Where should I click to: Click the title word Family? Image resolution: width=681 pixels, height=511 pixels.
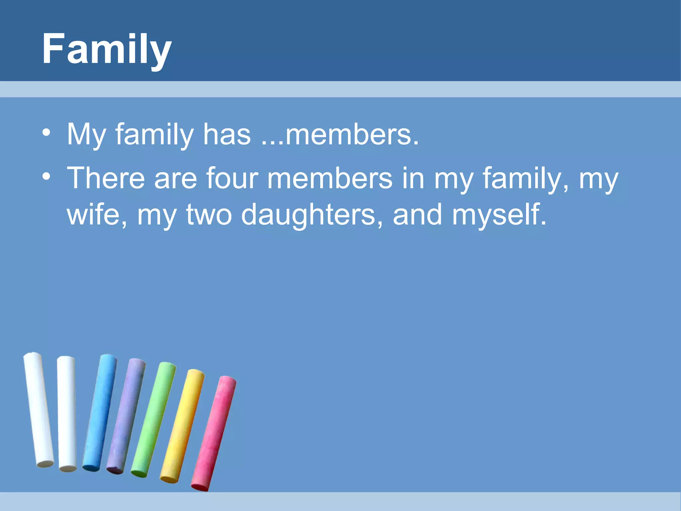(106, 49)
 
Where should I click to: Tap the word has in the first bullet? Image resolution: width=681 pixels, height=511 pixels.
(227, 134)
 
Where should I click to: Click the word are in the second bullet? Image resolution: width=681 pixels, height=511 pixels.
(175, 179)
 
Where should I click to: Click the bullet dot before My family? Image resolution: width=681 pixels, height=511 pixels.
(47, 133)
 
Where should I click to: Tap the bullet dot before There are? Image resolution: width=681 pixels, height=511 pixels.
(47, 176)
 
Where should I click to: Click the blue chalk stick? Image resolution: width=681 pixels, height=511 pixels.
(100, 413)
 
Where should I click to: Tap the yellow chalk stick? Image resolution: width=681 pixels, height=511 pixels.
(183, 426)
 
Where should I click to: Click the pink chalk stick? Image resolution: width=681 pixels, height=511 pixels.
(214, 432)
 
